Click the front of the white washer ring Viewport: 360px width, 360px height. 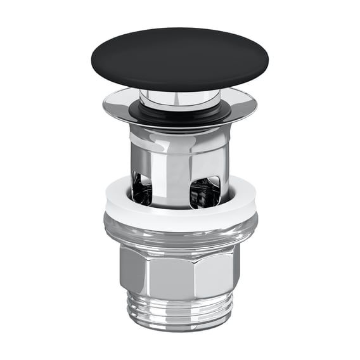[180, 219]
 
